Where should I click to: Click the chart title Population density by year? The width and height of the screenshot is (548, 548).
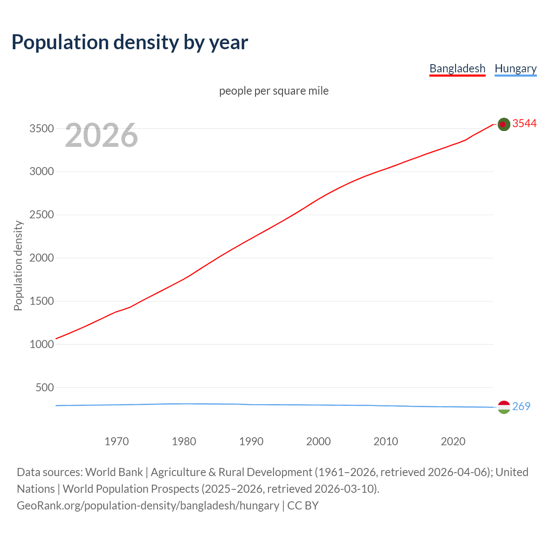[130, 42]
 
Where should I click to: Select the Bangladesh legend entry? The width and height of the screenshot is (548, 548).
[457, 68]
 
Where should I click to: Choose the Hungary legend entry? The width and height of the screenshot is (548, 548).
[515, 68]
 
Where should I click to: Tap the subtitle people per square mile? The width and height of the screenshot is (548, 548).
[274, 91]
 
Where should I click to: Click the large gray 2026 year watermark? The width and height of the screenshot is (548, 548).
[101, 135]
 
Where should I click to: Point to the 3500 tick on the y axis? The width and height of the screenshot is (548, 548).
[42, 128]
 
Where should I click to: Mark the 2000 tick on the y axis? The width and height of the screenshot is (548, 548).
[42, 258]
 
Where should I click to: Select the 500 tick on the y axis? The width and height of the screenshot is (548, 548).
[45, 387]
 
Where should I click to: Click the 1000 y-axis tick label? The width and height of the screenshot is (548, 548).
[42, 344]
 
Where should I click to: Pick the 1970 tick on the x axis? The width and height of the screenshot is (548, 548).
[116, 441]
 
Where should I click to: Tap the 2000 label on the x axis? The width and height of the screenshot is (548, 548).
[319, 441]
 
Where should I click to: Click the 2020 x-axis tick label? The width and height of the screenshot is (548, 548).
[453, 441]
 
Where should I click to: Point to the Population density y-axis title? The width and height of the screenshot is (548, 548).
[18, 265]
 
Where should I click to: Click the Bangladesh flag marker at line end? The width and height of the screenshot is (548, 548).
[504, 124]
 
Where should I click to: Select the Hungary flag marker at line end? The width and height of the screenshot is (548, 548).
[504, 407]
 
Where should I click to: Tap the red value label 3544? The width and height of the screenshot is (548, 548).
[524, 124]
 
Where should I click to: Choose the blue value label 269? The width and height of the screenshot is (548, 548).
[521, 406]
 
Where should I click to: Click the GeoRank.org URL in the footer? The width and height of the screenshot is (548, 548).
[148, 506]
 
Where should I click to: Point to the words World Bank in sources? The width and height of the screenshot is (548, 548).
[114, 472]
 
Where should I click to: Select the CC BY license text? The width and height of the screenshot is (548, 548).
[303, 506]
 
